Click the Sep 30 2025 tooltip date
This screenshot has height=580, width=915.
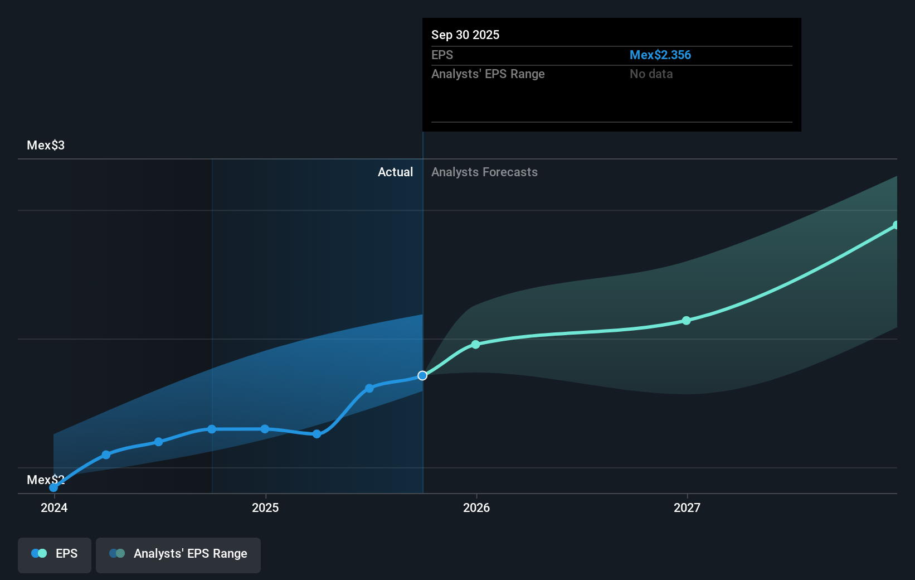(x=465, y=35)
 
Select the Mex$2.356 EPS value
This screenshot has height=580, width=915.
(x=660, y=55)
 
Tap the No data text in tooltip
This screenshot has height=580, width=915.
(x=651, y=74)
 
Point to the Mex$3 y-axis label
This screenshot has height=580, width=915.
(x=46, y=145)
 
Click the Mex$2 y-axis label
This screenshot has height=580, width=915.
(x=46, y=480)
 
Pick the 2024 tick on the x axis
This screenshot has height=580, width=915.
(x=54, y=507)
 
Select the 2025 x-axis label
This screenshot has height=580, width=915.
(x=265, y=507)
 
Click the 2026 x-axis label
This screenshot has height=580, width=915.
(x=476, y=507)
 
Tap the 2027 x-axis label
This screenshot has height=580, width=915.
(x=687, y=507)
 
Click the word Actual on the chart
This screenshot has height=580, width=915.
(x=395, y=172)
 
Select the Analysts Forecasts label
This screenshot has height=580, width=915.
(x=484, y=172)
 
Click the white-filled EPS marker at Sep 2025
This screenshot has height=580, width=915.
(x=422, y=375)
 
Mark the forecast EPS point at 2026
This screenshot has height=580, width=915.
(x=475, y=345)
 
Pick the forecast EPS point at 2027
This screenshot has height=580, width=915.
(x=687, y=321)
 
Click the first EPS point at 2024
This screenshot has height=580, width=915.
(x=53, y=487)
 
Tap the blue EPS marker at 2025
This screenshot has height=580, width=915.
(x=265, y=429)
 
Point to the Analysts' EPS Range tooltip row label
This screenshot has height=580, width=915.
(x=488, y=74)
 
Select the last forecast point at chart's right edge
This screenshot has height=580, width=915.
(x=895, y=225)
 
